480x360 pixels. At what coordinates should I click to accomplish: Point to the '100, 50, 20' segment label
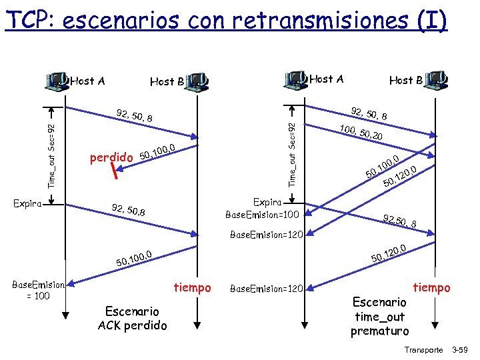pos(365,133)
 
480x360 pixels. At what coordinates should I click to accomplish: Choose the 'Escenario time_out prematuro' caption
pos(380,317)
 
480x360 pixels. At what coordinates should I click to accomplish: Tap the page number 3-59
pos(460,349)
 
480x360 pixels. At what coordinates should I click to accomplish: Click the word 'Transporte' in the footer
pos(423,349)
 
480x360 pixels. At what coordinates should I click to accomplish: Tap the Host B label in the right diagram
pos(405,80)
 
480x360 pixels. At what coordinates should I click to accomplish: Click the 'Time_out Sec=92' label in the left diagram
pos(52,154)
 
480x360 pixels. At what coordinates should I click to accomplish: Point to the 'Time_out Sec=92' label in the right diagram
pos(291,153)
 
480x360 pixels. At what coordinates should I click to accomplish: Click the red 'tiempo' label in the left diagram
pos(192,287)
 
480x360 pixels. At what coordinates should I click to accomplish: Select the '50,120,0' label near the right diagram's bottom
pos(389,253)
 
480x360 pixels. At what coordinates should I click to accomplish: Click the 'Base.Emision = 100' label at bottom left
pos(37,290)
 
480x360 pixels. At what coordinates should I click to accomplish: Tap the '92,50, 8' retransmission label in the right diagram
pos(400,221)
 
